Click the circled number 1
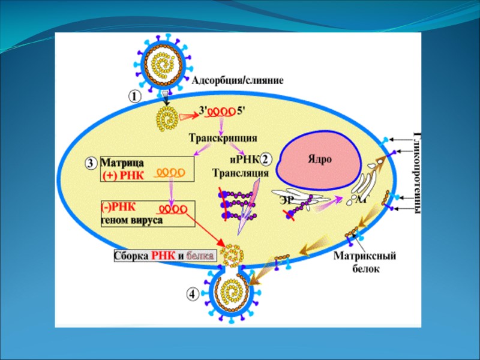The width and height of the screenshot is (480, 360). tap(134, 95)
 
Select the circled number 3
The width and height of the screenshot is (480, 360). tap(91, 163)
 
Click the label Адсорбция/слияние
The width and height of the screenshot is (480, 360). tap(237, 80)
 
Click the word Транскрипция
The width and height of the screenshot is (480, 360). tap(223, 137)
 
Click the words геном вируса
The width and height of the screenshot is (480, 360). tap(131, 220)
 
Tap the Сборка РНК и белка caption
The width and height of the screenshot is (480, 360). tap(164, 256)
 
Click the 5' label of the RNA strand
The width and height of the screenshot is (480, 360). tap(241, 110)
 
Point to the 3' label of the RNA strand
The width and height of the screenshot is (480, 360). tap(204, 110)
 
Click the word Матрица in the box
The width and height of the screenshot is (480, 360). tap(122, 163)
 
